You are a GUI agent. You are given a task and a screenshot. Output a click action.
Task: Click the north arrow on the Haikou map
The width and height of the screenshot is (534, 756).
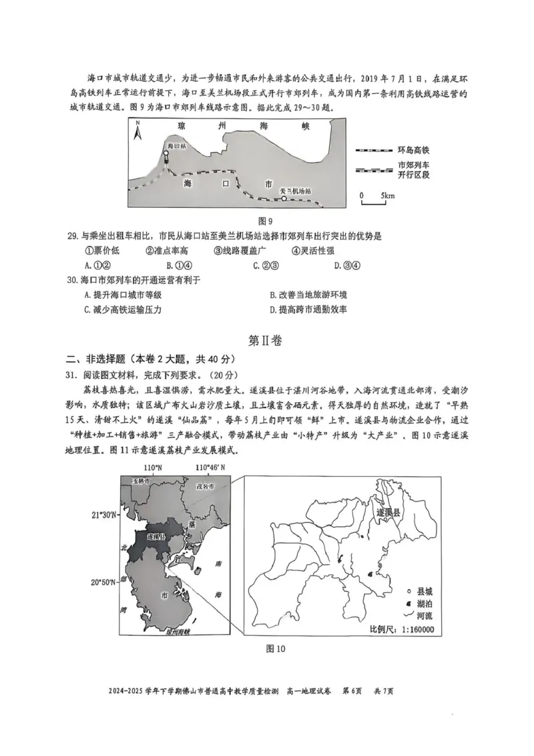coord(138,130)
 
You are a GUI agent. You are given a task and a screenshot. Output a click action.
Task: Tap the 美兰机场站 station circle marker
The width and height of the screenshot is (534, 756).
coord(283,198)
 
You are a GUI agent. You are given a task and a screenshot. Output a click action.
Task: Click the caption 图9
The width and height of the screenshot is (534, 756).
coord(266,221)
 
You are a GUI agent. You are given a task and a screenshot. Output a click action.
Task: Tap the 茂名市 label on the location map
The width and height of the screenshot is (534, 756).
coord(205,487)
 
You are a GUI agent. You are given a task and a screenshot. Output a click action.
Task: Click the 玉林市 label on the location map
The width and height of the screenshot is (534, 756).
coord(141,481)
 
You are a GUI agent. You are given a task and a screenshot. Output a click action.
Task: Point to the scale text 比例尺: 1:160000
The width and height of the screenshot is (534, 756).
coord(401,630)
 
